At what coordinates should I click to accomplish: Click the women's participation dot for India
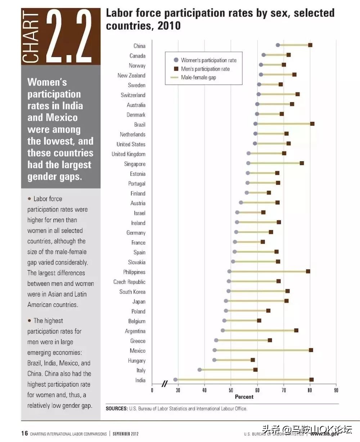[x=175, y=379]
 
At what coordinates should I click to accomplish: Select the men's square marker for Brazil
[x=312, y=124]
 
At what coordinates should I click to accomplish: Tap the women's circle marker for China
[x=278, y=45]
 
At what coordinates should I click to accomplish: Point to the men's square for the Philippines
[x=308, y=271]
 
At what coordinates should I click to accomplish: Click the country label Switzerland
[x=133, y=95]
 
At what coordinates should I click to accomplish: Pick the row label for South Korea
[x=132, y=292]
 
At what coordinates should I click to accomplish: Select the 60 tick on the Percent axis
[x=257, y=390]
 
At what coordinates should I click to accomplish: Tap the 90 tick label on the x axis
[x=336, y=390]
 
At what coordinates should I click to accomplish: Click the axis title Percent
[x=244, y=397]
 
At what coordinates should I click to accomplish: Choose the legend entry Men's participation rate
[x=205, y=69]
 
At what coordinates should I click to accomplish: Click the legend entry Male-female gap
[x=198, y=77]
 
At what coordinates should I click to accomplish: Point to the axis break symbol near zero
[x=165, y=384]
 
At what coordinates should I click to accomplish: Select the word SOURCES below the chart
[x=116, y=408]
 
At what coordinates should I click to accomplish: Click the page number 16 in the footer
[x=24, y=433]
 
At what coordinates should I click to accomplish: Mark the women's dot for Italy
[x=200, y=370]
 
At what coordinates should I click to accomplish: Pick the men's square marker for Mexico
[x=311, y=350]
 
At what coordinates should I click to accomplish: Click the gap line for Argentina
[x=259, y=330]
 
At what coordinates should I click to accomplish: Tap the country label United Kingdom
[x=128, y=154]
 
